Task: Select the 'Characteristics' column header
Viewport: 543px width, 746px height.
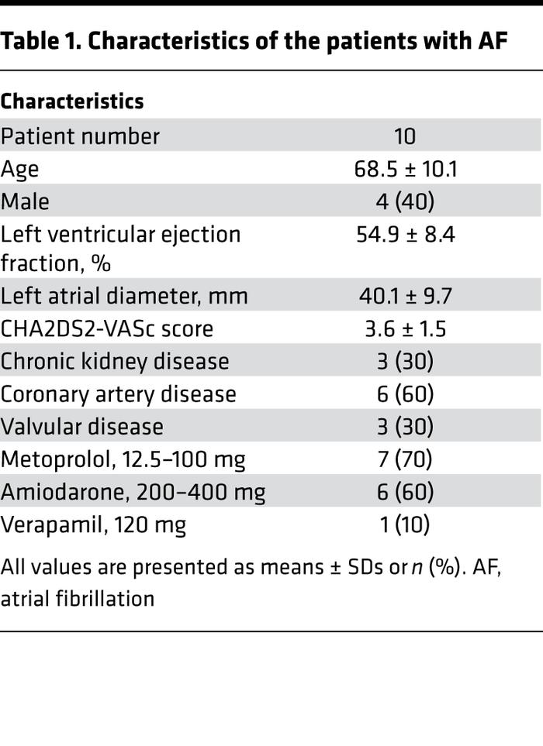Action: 72,101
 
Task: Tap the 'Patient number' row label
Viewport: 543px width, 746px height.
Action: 80,136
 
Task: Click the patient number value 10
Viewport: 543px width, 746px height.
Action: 405,136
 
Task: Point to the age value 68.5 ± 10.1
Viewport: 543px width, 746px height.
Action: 405,169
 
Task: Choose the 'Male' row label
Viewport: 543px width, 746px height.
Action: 25,201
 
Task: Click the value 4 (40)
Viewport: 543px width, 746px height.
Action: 405,201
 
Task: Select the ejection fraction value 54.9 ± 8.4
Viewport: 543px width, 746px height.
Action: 405,234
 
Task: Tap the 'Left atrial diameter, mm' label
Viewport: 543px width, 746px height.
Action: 124,296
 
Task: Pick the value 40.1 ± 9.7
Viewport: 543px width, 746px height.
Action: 405,296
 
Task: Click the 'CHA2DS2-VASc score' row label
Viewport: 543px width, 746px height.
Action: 107,328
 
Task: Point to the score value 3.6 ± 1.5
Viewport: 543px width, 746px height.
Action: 405,328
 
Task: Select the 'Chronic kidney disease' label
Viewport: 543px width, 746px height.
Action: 115,362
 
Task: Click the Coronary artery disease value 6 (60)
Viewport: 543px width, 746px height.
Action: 405,394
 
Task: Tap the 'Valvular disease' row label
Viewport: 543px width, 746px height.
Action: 81,427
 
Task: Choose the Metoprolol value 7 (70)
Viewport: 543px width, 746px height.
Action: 405,459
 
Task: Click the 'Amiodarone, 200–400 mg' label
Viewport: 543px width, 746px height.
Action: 133,492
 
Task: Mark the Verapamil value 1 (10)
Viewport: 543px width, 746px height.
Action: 405,524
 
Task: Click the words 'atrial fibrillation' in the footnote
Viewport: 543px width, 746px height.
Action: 78,598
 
